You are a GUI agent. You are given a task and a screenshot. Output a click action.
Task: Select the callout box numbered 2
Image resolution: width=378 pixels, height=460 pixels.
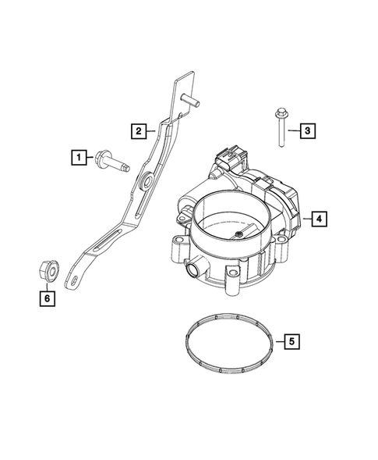(x=137, y=131)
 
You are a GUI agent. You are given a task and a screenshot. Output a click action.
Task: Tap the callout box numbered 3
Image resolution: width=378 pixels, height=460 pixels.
(x=307, y=130)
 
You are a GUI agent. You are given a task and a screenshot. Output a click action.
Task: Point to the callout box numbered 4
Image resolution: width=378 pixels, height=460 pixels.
(x=318, y=219)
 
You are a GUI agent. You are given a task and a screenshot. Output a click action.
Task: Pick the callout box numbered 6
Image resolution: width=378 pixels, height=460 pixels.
(x=46, y=298)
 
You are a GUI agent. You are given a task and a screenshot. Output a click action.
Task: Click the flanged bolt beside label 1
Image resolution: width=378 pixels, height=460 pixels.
(x=114, y=164)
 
